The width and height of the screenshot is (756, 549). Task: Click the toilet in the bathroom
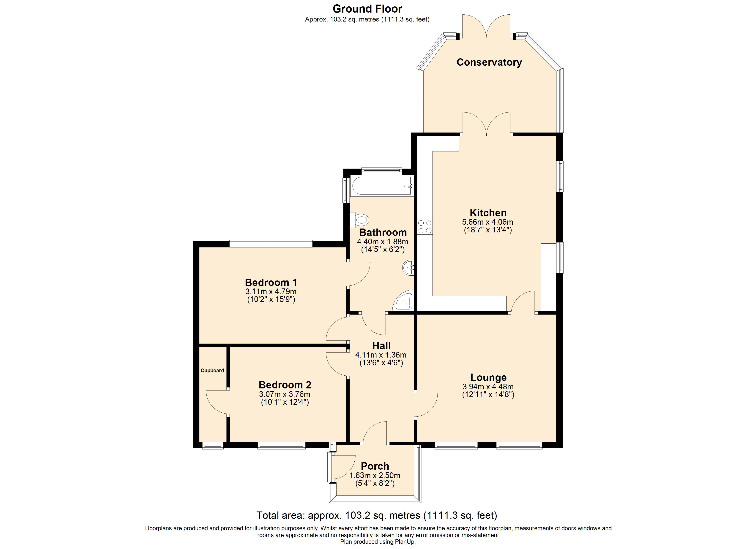[360, 220]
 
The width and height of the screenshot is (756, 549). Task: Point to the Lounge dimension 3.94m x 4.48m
[488, 387]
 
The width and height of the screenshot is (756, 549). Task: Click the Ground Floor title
[367, 9]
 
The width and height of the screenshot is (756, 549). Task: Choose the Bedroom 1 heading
[271, 283]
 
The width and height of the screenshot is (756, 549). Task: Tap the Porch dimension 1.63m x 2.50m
[375, 475]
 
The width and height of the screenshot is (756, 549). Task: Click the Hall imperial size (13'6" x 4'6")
[381, 363]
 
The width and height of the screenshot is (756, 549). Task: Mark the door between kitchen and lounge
[522, 302]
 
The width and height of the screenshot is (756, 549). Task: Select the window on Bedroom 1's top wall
[271, 244]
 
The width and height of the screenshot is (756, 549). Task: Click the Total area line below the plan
[377, 515]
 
